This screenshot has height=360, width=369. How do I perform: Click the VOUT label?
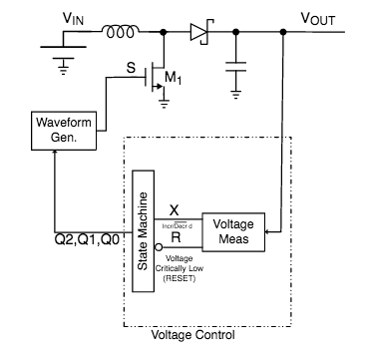(x=317, y=17)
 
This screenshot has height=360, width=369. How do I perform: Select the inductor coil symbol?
(x=122, y=33)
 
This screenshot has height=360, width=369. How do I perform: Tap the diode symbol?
(x=196, y=34)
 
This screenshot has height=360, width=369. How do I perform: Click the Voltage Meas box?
(x=233, y=230)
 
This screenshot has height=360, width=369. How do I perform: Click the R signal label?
(x=175, y=239)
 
